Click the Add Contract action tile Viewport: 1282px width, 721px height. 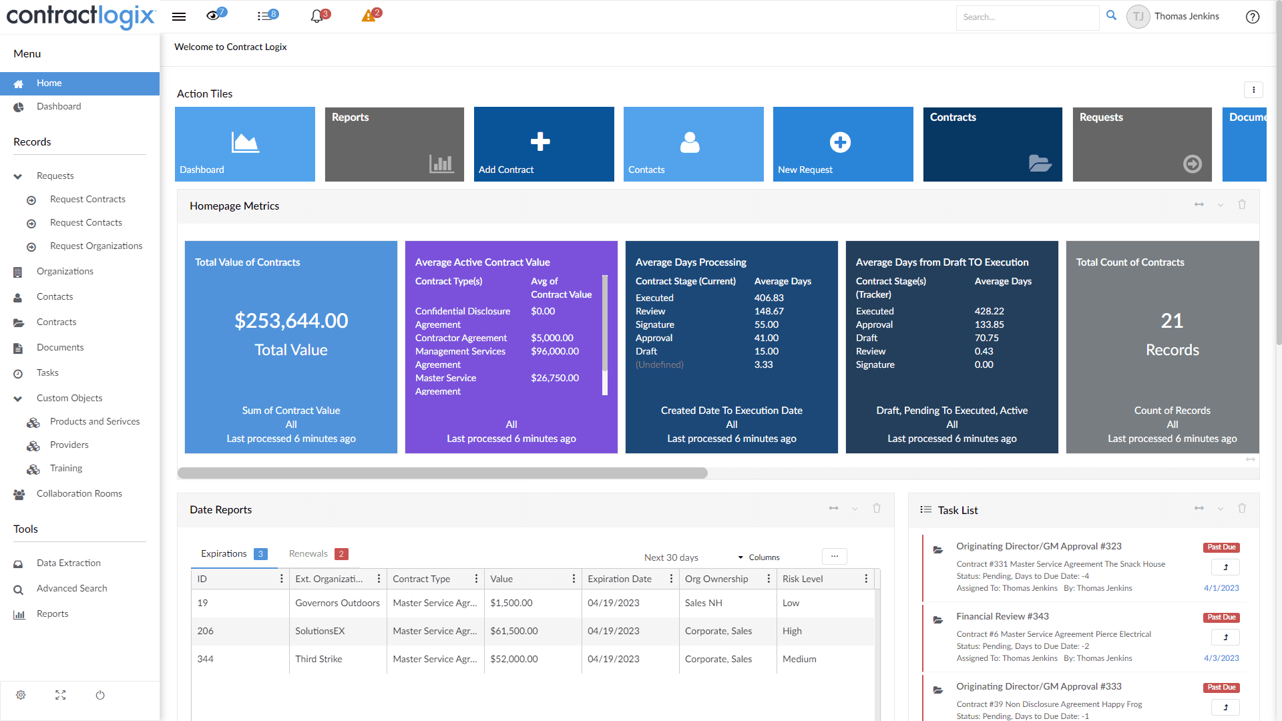(544, 144)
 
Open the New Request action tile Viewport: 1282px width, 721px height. (843, 144)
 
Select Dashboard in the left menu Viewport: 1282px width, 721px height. (59, 107)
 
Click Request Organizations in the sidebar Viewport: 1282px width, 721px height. (96, 246)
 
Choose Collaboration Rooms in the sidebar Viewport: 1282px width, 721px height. (79, 494)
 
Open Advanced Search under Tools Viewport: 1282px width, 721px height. (71, 589)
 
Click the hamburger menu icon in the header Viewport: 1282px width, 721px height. (179, 17)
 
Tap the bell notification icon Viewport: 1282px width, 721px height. (317, 17)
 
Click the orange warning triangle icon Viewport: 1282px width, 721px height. (368, 17)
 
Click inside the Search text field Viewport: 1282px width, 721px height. (1027, 17)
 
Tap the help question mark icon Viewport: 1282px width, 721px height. (1253, 17)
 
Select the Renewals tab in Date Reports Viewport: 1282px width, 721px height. (308, 554)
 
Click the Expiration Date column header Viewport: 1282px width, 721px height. (620, 579)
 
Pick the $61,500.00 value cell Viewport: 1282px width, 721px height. (514, 632)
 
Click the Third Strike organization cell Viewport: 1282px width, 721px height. (318, 660)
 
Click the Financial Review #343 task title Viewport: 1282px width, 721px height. (1002, 617)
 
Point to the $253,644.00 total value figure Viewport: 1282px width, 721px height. (291, 321)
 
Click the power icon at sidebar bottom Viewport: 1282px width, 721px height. (100, 696)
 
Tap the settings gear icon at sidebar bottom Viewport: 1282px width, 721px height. (21, 696)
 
